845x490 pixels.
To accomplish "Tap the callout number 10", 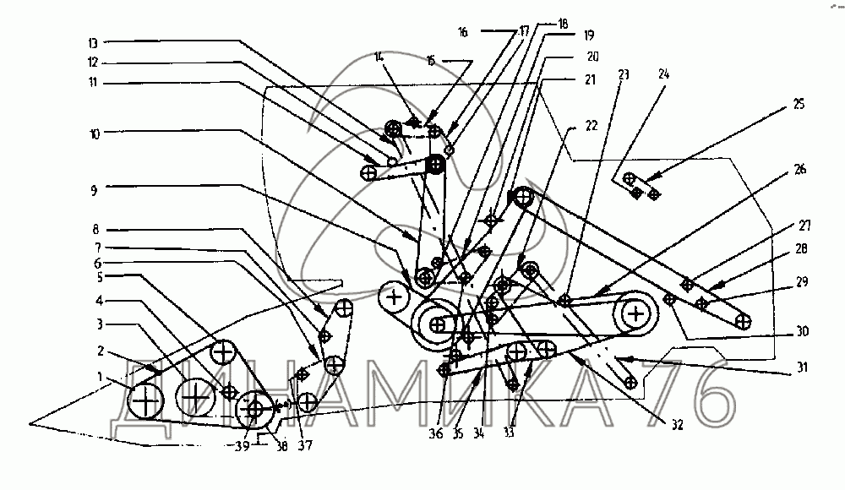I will (x=93, y=133).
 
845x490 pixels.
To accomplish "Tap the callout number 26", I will (x=799, y=169).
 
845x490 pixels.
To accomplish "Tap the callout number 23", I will (x=624, y=74).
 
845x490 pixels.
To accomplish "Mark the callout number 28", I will (x=799, y=249).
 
